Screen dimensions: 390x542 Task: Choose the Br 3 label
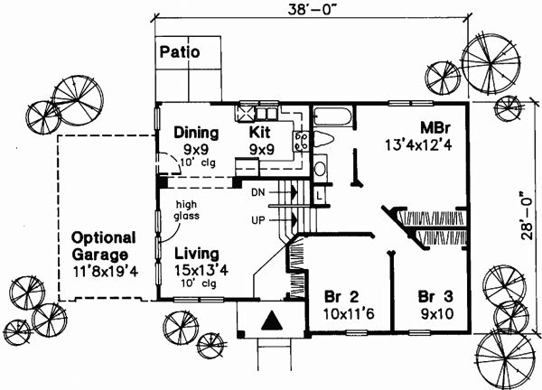435,297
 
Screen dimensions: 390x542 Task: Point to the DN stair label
257,191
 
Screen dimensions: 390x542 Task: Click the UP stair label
257,219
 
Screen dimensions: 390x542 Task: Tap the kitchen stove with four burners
301,140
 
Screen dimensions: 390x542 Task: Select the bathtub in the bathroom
333,115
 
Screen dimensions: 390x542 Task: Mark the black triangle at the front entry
272,321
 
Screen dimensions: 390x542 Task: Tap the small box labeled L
321,192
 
